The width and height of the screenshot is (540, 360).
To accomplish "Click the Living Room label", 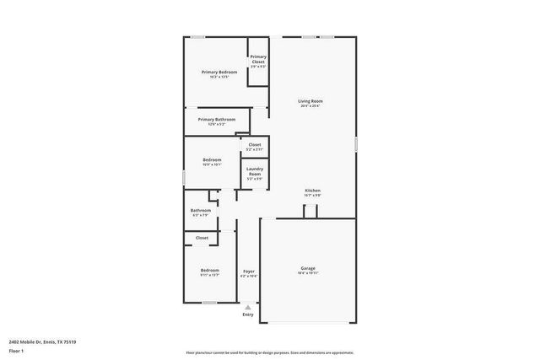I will click(310, 101).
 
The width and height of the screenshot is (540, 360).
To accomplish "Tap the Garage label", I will click(307, 268).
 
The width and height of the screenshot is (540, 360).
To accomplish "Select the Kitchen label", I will click(312, 191).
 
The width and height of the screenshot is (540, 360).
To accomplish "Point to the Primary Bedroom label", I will click(219, 73).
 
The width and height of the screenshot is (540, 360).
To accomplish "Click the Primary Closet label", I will click(258, 59).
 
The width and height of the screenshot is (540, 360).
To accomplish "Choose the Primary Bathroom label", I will click(218, 120).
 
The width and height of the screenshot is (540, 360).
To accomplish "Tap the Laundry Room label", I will click(255, 171).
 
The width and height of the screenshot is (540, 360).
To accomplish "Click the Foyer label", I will click(248, 271).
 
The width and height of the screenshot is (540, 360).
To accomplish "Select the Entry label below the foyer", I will click(247, 314).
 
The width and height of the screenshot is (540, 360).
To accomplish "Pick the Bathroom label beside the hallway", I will click(201, 211).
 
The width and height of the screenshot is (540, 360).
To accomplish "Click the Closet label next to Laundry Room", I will click(254, 145).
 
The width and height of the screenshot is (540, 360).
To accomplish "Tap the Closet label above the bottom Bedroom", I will click(202, 238).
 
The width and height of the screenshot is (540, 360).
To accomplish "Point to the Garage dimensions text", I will click(307, 274).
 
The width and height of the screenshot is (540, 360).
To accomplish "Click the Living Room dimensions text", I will click(310, 106).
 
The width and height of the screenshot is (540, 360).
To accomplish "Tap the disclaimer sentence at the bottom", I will click(269, 352).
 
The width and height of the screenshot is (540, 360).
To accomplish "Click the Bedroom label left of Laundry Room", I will click(212, 159).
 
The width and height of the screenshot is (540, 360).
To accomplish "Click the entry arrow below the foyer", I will click(247, 307).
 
